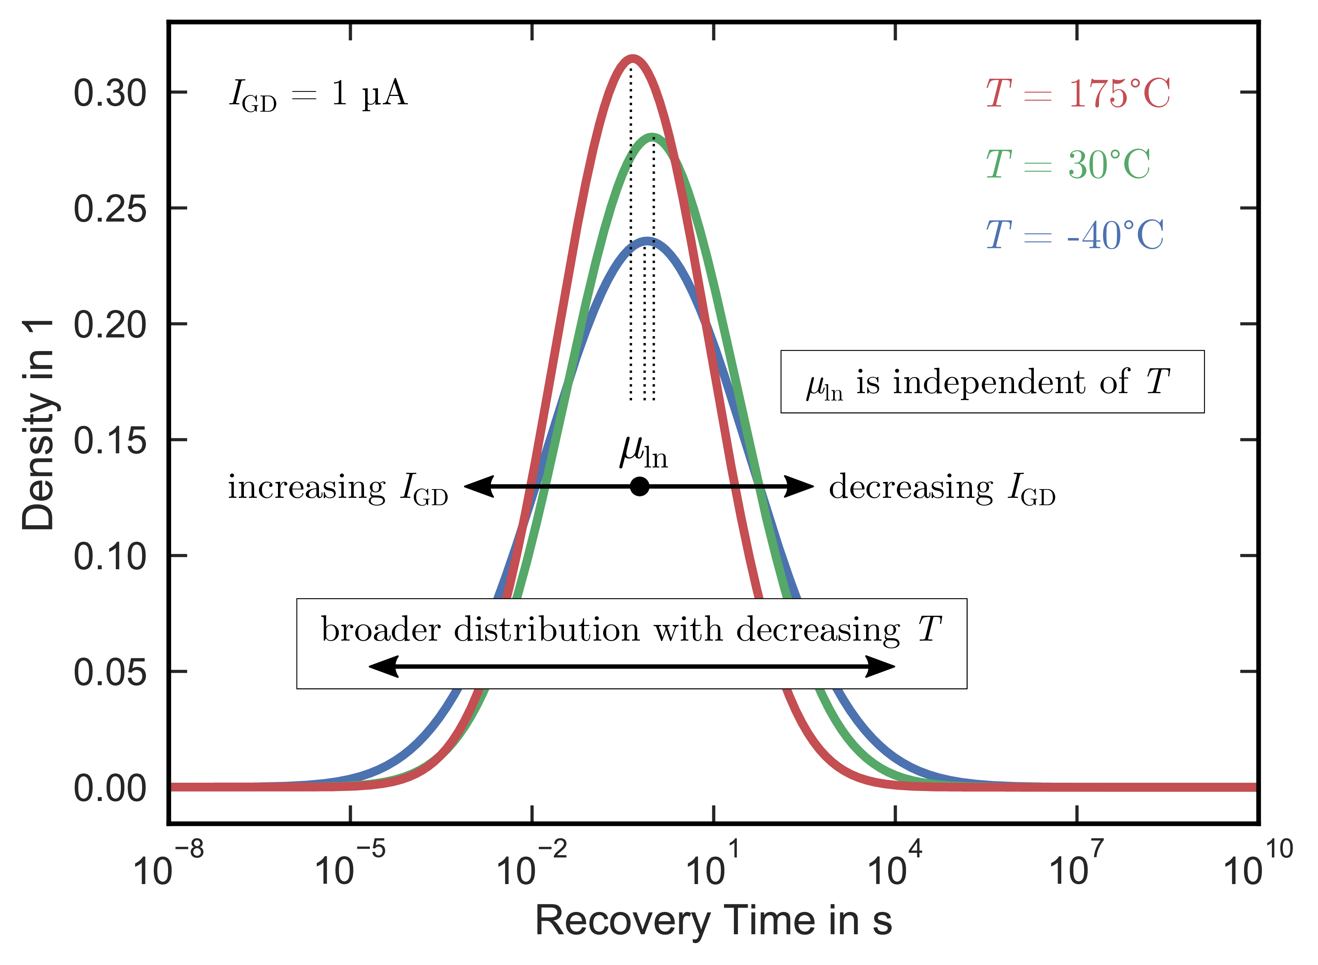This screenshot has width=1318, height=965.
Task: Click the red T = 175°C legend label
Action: tap(1078, 93)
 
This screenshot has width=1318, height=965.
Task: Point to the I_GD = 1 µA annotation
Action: tap(318, 94)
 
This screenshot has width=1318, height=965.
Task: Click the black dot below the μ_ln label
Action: tap(640, 486)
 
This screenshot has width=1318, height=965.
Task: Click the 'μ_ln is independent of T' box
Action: tap(992, 382)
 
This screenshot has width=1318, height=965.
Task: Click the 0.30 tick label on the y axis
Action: tap(110, 93)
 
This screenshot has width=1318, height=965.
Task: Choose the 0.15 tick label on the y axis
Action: tap(110, 440)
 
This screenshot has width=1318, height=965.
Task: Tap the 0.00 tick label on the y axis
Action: tap(110, 788)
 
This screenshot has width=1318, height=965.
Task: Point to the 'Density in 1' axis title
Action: tap(38, 425)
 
